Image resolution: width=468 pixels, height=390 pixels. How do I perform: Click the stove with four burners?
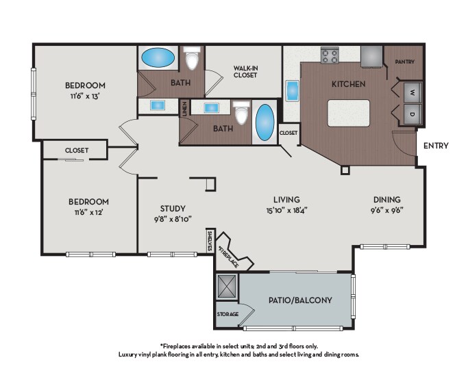coord(330,55)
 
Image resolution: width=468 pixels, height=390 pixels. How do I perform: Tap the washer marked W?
coord(412,92)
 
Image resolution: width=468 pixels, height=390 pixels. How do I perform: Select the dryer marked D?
coord(412,114)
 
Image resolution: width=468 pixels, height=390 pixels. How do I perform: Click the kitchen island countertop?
coord(348,113)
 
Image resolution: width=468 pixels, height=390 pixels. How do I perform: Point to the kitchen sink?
coord(292,91)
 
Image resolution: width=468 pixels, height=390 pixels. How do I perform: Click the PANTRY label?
coord(405,62)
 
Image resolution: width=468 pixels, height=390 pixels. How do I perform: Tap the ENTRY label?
coord(436,145)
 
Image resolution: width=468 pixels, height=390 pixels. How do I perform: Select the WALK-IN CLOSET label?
coord(245,72)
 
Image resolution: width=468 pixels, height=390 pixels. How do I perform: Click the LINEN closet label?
coord(185,109)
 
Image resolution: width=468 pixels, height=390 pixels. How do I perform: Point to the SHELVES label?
coord(210,241)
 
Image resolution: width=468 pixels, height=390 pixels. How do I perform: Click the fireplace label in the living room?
coord(229,257)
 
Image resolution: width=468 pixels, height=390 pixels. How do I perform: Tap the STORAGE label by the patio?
coord(227,314)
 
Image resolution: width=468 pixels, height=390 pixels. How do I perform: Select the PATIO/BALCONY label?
coord(300,300)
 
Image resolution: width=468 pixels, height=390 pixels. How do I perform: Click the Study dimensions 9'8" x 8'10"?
coord(173,219)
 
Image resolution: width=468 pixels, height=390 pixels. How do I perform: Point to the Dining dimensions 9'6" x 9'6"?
coord(387,210)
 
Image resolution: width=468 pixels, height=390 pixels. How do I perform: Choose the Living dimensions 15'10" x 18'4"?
coord(287,210)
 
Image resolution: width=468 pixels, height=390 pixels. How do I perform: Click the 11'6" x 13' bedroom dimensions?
coord(85,96)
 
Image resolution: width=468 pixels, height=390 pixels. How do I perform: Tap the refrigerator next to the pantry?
coord(371,56)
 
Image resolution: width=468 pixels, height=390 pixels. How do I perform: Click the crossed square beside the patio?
coord(227,286)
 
